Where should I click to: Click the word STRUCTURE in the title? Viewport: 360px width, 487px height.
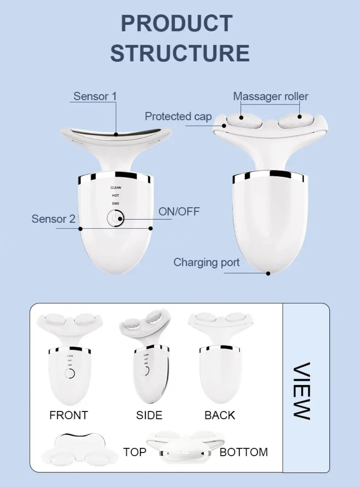[180, 53]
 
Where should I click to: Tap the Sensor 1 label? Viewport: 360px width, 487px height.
[95, 96]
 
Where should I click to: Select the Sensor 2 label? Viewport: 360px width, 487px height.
[53, 219]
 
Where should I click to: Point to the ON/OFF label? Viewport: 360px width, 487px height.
[179, 211]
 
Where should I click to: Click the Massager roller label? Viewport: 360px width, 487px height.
[270, 96]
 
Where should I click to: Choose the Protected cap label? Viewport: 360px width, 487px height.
[178, 116]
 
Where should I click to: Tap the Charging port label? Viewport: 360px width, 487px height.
[206, 262]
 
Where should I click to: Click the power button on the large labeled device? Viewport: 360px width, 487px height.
[115, 218]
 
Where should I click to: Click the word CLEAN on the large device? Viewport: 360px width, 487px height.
[116, 187]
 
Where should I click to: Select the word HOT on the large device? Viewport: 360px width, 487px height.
[116, 195]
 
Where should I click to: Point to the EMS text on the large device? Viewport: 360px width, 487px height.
[116, 203]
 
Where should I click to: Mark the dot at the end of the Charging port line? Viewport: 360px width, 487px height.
[268, 273]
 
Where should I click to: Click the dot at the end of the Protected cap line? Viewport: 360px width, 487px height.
[224, 126]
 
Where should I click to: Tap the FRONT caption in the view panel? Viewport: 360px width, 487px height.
[69, 415]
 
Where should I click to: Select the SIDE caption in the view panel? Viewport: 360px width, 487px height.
[149, 415]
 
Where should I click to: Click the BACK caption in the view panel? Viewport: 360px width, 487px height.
[220, 415]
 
